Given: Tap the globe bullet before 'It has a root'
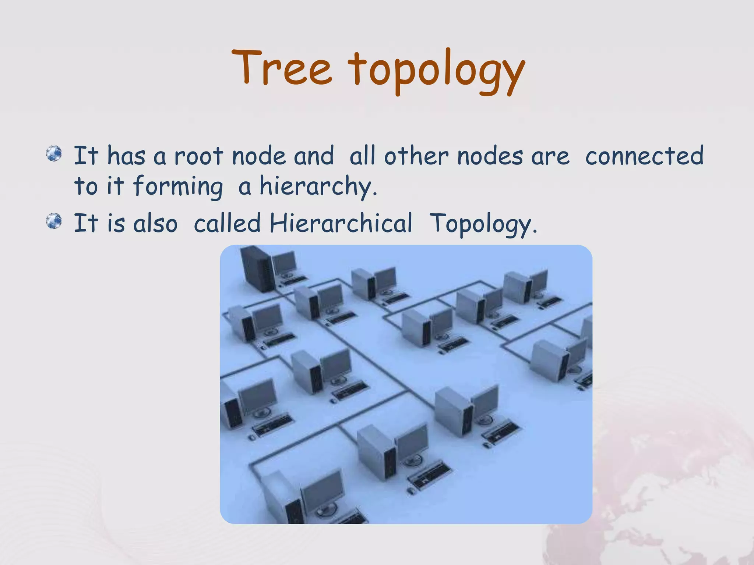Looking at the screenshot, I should click(x=54, y=153).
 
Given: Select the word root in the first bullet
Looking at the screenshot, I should click(x=198, y=156).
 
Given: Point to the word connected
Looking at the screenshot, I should click(x=644, y=156).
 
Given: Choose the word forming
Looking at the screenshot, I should click(x=178, y=187).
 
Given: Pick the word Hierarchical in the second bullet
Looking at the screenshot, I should click(x=341, y=223).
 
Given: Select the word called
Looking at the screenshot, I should click(x=227, y=223).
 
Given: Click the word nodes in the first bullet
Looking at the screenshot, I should click(x=490, y=156).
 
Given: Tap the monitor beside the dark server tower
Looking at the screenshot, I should click(x=284, y=262).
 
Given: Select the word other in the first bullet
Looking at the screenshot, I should click(x=416, y=156).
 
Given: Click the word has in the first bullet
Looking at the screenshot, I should click(x=126, y=156).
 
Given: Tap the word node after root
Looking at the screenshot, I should click(x=259, y=156).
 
